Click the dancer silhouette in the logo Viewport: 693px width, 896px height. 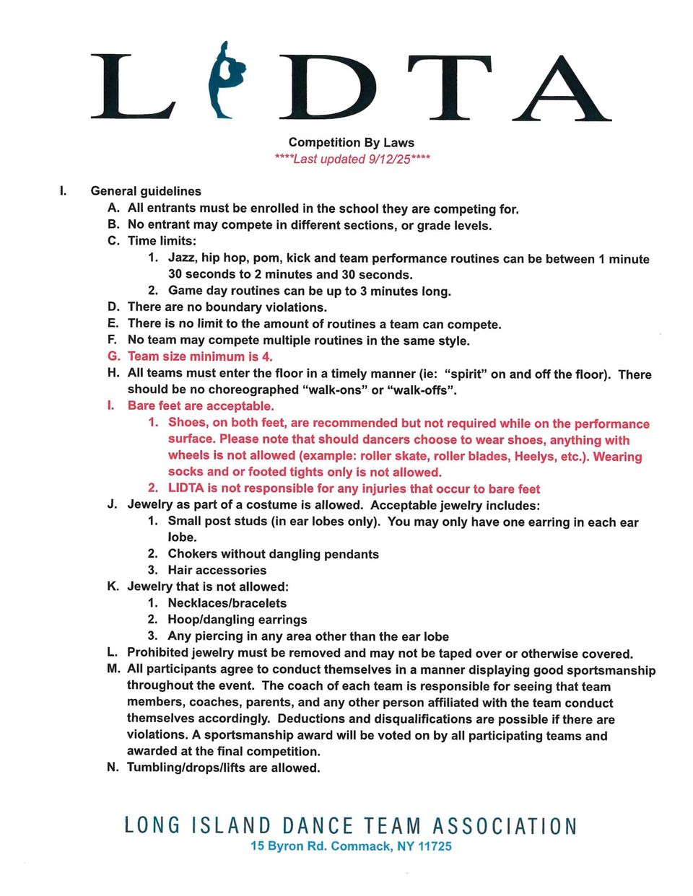coord(226,79)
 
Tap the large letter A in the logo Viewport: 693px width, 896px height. coord(562,88)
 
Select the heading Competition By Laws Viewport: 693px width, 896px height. coord(351,142)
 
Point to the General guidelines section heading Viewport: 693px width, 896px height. coord(146,191)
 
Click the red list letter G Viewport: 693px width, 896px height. coord(113,356)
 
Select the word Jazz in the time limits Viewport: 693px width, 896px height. coord(182,258)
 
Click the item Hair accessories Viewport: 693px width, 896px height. coord(217,570)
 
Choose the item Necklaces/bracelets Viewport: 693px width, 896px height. coord(227,603)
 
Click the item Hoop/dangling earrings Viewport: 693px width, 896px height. coord(237,620)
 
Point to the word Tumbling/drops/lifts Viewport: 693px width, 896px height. coord(186,768)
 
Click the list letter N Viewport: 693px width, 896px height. coord(113,768)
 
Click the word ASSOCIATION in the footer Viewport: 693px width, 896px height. coord(505,826)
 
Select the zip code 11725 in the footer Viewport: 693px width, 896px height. coord(435,846)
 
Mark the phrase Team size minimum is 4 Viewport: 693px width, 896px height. coord(200,356)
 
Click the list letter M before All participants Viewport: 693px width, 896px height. coord(113,669)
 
